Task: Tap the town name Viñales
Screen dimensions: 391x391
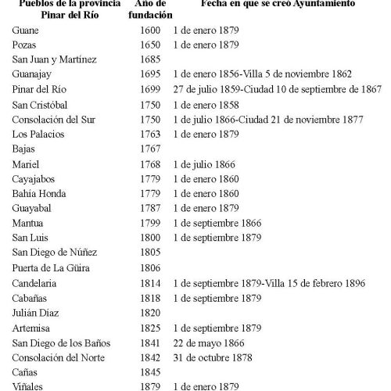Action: pos(28,386)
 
